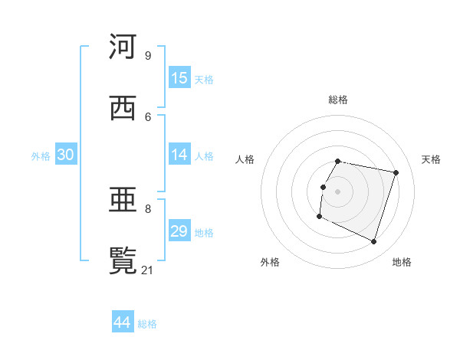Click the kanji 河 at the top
(x=123, y=47)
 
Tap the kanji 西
(x=123, y=108)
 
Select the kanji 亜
(x=123, y=200)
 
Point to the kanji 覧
(x=123, y=261)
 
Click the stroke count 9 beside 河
(x=148, y=55)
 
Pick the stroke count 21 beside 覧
(x=148, y=270)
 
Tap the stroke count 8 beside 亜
(x=148, y=208)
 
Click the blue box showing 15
(x=179, y=78)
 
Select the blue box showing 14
(x=179, y=155)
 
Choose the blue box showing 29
(x=179, y=231)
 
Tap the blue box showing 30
(x=66, y=155)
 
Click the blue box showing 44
(x=123, y=322)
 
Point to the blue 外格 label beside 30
(x=41, y=155)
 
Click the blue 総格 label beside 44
(x=147, y=324)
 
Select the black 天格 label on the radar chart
(x=431, y=159)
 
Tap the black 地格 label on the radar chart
(x=402, y=262)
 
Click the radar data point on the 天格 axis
(x=396, y=172)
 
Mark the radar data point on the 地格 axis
(x=374, y=242)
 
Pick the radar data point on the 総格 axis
(x=338, y=161)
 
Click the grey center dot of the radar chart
(x=338, y=191)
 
